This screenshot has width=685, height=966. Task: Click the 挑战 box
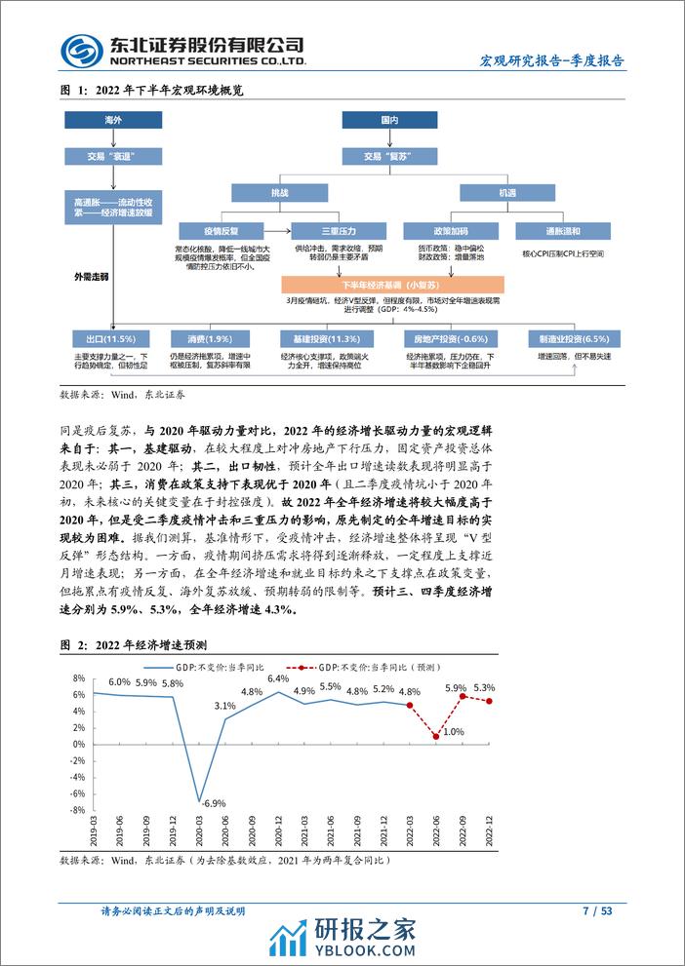pyautogui.click(x=278, y=193)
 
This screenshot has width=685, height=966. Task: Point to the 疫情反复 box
pyautogui.click(x=221, y=231)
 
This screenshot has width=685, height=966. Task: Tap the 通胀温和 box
pyautogui.click(x=563, y=231)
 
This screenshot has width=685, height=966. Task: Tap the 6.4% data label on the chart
pyautogui.click(x=279, y=678)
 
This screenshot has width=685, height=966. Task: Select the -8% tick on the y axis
pyautogui.click(x=76, y=810)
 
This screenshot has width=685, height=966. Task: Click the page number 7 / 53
pyautogui.click(x=597, y=911)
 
